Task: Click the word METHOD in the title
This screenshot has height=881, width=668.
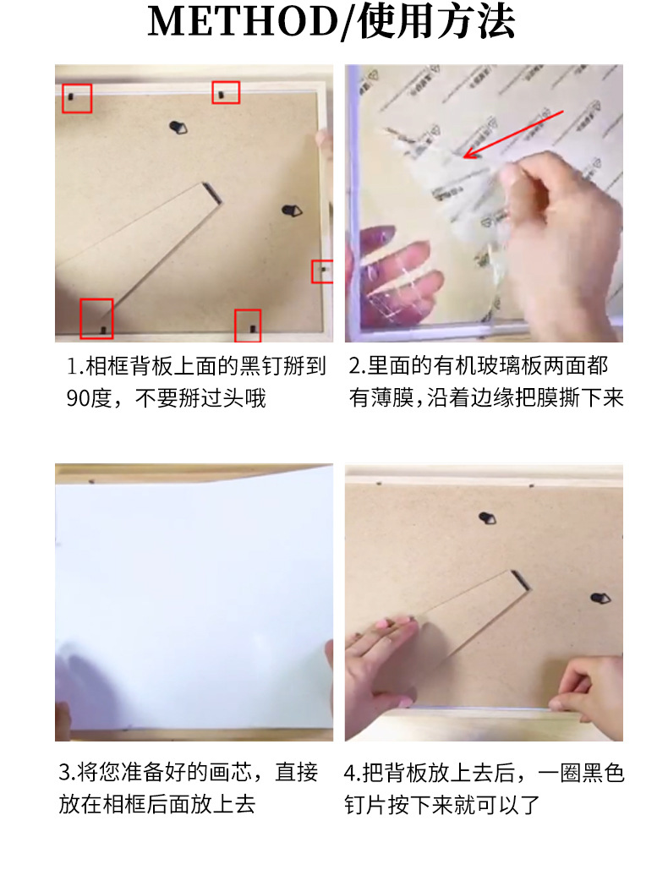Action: coord(242,23)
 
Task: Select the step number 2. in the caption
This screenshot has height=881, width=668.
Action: coord(356,366)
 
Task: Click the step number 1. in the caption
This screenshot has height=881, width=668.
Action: coord(75,366)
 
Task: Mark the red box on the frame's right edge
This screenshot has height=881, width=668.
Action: coord(322,271)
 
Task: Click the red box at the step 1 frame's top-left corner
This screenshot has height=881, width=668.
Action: coord(77,98)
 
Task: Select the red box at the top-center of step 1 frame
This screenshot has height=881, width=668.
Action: coord(226,92)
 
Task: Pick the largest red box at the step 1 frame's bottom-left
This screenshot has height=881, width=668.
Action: coord(96,318)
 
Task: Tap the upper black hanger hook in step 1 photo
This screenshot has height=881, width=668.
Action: coord(178,128)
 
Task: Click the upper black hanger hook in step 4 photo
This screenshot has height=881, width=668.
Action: coord(487,517)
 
